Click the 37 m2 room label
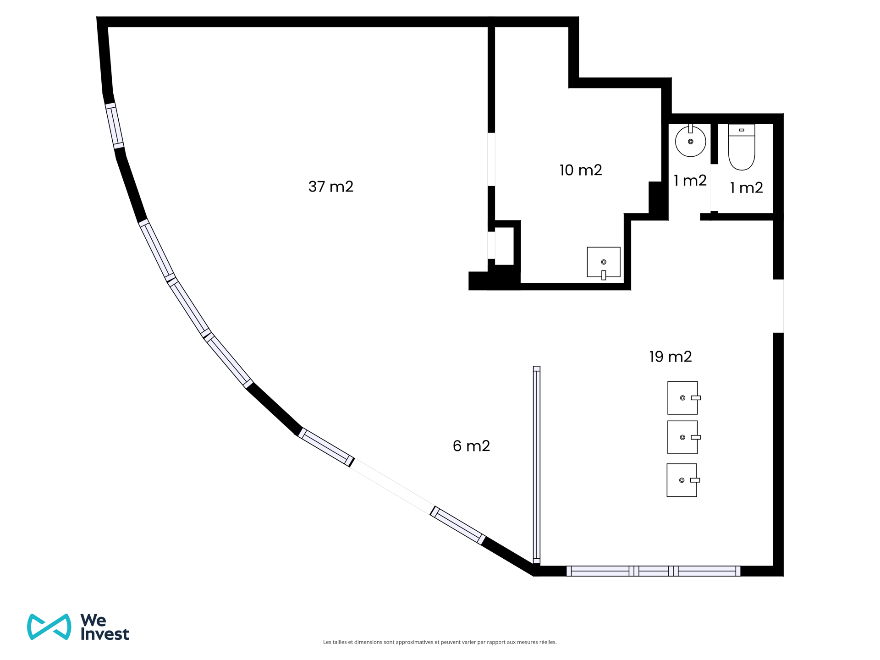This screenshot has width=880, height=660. [331, 187]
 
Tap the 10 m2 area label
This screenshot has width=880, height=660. [581, 170]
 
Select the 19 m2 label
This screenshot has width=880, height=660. [671, 357]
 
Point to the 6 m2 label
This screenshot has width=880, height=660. [472, 446]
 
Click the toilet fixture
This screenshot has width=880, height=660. [742, 147]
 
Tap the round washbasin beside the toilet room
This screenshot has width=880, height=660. [690, 141]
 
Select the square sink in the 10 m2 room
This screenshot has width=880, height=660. [604, 263]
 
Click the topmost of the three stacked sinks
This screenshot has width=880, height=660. [684, 398]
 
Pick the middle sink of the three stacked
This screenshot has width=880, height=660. [684, 437]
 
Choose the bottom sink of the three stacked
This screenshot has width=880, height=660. [683, 480]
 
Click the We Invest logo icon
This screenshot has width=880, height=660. [49, 627]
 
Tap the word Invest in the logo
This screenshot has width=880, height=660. [105, 634]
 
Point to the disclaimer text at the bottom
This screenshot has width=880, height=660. [440, 642]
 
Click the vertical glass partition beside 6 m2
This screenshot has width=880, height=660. [537, 465]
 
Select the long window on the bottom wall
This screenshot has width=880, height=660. [654, 571]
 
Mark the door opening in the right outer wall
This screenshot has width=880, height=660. [778, 306]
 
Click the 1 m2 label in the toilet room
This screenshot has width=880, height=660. [747, 187]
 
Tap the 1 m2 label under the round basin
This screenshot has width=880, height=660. [690, 181]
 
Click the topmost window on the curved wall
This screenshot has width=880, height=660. [115, 126]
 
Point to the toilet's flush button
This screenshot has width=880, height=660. [742, 130]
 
